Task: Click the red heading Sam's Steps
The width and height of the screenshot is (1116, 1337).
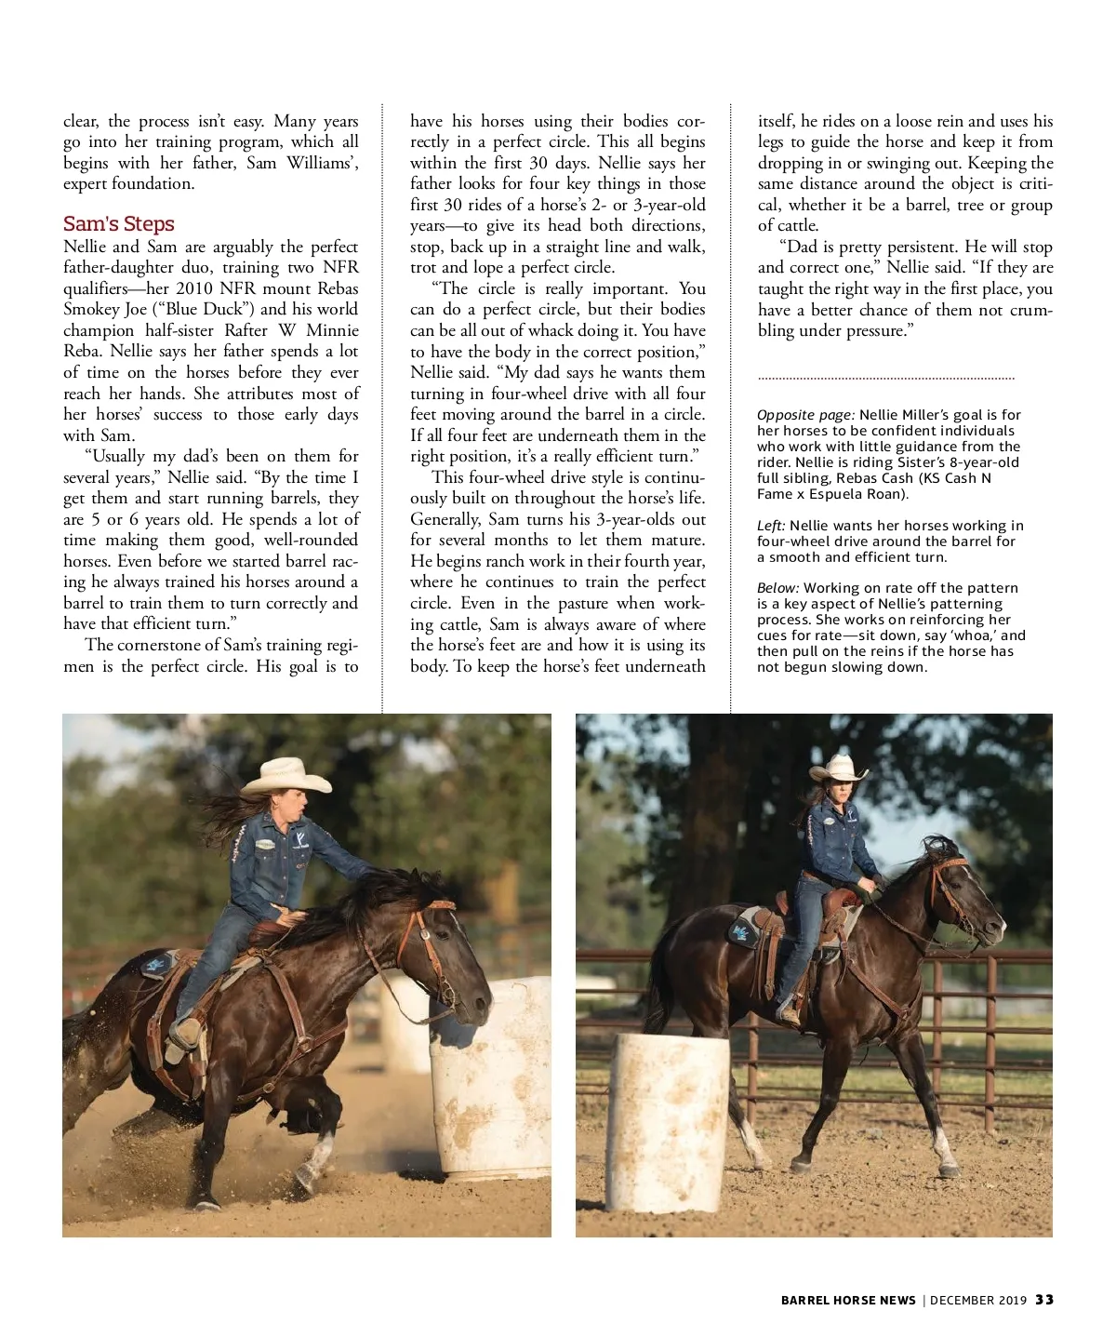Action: pyautogui.click(x=119, y=224)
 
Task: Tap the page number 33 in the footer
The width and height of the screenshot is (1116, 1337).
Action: pyautogui.click(x=1044, y=1300)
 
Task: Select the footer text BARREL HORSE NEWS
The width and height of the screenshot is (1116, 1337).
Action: pyautogui.click(x=848, y=1300)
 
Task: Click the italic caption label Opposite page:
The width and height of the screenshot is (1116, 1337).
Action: pyautogui.click(x=805, y=415)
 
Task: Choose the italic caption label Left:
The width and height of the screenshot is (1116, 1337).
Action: pyautogui.click(x=771, y=526)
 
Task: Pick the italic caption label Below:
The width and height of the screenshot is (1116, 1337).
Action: pyautogui.click(x=778, y=588)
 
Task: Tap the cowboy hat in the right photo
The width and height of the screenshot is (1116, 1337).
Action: pyautogui.click(x=837, y=769)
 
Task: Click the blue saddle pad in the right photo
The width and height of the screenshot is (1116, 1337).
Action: pyautogui.click(x=746, y=929)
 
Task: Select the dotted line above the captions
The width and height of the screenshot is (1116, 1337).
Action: pyautogui.click(x=885, y=379)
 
